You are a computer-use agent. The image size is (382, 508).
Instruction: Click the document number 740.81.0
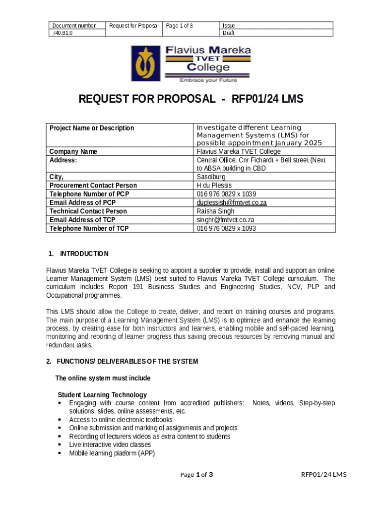[62, 33]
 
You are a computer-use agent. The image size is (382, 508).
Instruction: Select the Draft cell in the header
[229, 33]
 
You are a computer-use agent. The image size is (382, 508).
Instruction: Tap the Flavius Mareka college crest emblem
[145, 63]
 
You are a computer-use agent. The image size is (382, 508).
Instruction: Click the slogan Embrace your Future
[208, 80]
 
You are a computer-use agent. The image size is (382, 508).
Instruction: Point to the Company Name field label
[73, 151]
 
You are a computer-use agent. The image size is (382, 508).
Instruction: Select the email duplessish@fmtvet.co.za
[232, 202]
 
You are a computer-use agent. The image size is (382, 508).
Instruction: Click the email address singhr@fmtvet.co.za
[226, 220]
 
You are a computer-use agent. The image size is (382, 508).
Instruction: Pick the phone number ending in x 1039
[226, 194]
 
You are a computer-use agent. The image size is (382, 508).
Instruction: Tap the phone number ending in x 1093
[226, 228]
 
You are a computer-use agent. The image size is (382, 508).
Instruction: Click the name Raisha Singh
[216, 211]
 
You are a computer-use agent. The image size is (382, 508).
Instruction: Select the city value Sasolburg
[211, 177]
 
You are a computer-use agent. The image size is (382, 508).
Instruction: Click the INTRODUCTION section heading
[84, 254]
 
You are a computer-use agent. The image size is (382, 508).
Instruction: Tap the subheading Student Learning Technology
[102, 395]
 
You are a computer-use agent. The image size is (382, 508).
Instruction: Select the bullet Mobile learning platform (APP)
[112, 453]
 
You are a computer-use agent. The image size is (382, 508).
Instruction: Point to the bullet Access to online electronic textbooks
[121, 420]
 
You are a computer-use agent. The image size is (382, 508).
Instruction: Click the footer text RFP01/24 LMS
[324, 475]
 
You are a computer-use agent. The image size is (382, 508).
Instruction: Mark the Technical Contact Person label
[88, 211]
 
